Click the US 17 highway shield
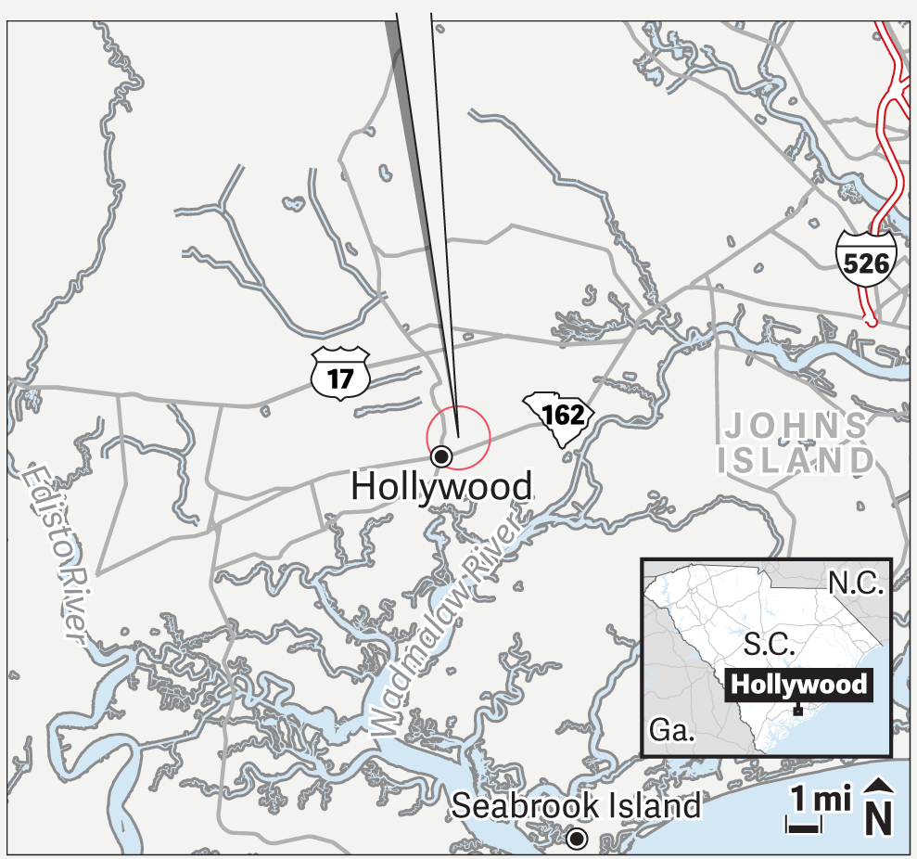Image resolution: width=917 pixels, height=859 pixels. (x=342, y=372)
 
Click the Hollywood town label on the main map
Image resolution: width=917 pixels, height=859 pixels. (x=442, y=487)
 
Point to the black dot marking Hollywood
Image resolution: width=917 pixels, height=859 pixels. (x=442, y=455)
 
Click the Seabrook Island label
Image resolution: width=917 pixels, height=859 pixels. (x=576, y=806)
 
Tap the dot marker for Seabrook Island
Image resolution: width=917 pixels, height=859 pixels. (x=577, y=840)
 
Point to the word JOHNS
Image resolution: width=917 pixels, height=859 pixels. (x=796, y=427)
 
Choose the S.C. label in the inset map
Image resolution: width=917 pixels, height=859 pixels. (x=769, y=646)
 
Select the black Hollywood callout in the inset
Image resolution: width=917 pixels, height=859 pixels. (x=797, y=686)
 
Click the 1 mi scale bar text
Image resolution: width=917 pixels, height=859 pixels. (x=821, y=799)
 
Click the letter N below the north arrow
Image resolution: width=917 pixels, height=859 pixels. (x=879, y=821)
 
